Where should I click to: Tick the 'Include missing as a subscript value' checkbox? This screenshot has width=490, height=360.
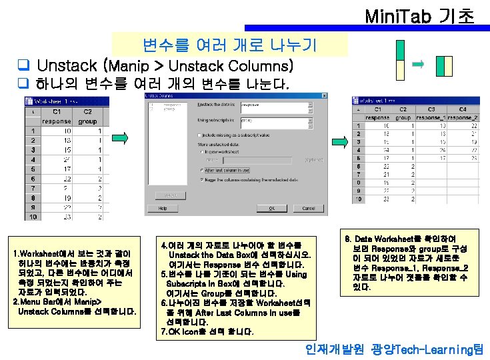click(201, 134)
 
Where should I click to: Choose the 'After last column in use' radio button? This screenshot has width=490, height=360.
click(201, 170)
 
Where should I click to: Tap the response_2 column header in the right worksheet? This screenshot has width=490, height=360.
click(464, 117)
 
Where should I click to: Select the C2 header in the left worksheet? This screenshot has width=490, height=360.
click(87, 112)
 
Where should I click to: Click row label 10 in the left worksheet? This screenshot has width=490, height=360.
click(31, 216)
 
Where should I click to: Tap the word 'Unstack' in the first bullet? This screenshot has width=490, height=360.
click(67, 66)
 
